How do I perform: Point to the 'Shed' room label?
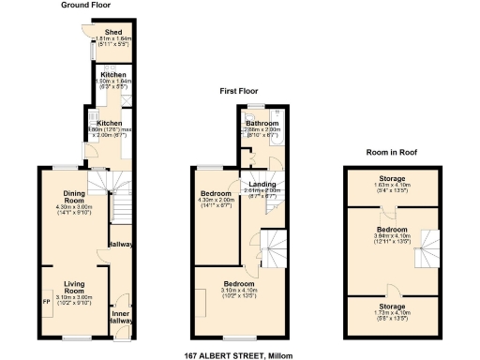[x=112, y=31]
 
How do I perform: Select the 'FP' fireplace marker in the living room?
[x=46, y=301]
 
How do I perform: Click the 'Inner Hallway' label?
[x=120, y=317]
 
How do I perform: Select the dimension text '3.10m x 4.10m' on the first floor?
[x=238, y=290]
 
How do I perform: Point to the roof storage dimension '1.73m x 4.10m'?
[x=392, y=313]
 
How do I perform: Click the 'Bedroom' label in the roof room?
[x=392, y=229]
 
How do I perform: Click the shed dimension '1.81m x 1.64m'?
[x=112, y=38]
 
